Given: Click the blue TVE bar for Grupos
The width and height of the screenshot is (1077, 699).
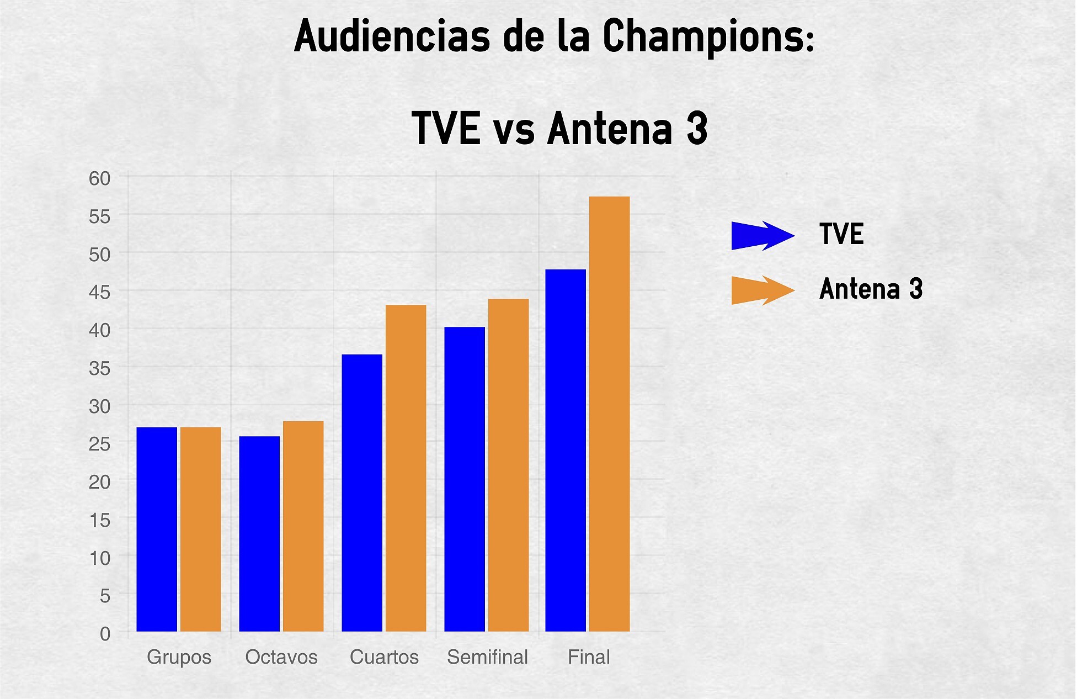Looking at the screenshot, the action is coord(157,529).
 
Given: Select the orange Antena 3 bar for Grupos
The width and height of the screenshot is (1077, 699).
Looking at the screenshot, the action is coord(201,529).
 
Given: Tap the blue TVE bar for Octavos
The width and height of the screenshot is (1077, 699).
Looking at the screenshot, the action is coord(259,533).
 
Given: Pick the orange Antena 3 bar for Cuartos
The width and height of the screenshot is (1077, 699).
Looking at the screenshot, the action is coord(406,468).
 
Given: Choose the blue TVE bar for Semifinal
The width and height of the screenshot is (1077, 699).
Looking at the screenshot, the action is coord(465,479).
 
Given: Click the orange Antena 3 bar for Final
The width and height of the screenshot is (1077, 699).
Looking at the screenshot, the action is coord(610,414).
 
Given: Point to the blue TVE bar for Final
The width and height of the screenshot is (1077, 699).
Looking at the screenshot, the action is coord(566,451).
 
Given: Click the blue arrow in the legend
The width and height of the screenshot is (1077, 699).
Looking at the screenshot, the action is coord(763,236).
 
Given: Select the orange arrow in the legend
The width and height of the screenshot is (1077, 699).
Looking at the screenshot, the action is coord(763,290).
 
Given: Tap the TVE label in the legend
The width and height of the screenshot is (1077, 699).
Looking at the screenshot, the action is coord(841,234).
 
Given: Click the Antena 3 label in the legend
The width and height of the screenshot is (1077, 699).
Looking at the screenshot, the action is coord(871,289).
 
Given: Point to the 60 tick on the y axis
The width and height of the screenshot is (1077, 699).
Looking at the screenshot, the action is coord(100,178).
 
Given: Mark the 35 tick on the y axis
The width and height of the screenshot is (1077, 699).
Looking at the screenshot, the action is coord(100,368).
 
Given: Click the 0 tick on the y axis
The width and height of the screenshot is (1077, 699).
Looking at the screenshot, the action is coord(105,634).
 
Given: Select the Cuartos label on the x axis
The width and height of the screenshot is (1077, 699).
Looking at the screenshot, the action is coord(385,657).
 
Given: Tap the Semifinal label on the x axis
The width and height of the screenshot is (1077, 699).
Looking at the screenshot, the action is coord(488,657).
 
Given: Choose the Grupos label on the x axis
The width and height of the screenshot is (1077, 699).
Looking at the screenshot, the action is coord(179,658).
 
